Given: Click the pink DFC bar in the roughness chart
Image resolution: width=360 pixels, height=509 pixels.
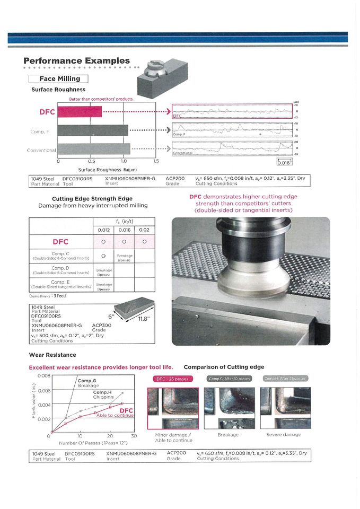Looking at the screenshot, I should [x=80, y=112].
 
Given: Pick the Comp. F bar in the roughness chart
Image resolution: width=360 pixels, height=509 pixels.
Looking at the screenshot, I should [x=93, y=130].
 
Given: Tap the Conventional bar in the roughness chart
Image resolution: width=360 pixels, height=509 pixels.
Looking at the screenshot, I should [x=94, y=149].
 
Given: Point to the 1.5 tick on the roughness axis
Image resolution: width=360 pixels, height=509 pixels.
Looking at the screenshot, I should [x=156, y=161].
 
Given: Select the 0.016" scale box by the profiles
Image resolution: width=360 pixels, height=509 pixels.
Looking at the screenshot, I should [x=284, y=163].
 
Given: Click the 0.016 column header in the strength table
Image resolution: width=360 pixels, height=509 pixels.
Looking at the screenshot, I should [x=124, y=230].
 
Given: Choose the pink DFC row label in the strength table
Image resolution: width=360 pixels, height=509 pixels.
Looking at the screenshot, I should [x=61, y=242].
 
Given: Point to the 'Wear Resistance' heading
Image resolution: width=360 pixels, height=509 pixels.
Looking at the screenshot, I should [x=52, y=355].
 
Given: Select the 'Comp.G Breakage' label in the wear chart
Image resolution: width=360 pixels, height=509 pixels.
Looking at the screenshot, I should [x=88, y=383].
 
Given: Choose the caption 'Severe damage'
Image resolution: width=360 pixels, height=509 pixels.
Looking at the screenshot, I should [x=284, y=435].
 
